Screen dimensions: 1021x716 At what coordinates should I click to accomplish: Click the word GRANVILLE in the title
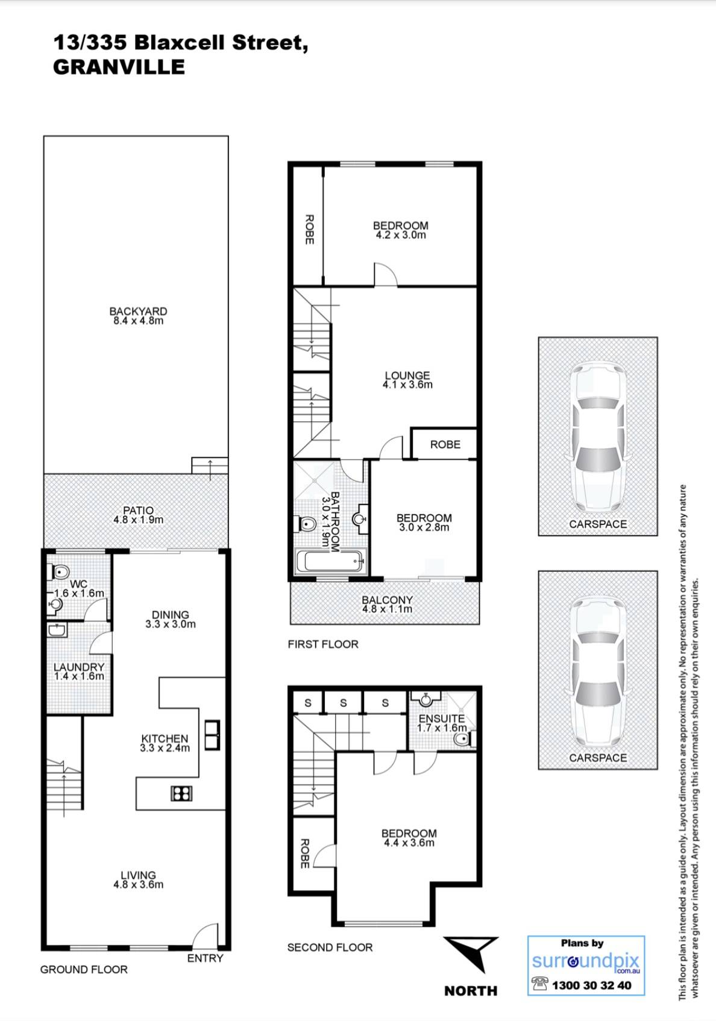point(119,67)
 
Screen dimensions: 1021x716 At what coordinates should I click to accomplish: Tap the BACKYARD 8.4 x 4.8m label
point(138,316)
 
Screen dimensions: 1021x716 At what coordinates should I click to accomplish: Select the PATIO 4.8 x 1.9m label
point(138,515)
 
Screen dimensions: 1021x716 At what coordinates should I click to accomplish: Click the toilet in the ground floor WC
point(60,571)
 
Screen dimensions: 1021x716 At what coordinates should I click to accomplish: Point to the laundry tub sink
point(57,630)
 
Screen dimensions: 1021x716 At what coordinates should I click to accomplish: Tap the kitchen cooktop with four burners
point(181,793)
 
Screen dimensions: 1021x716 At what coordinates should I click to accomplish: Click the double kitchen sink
point(212,735)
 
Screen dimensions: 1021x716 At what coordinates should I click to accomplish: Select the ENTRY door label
point(205,958)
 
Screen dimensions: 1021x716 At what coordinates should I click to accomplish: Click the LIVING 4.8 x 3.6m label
point(138,879)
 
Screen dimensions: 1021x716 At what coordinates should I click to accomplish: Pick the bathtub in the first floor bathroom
point(330,562)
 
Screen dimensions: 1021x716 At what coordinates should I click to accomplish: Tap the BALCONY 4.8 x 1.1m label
point(387,604)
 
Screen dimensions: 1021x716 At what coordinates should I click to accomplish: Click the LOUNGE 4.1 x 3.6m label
point(407,380)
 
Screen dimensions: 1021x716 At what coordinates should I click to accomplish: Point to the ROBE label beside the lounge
point(445,444)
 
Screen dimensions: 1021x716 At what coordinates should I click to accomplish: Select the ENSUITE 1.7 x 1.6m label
point(442,723)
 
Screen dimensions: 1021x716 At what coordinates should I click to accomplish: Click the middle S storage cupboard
point(343,702)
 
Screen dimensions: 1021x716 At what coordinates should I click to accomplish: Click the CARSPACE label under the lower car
point(598,758)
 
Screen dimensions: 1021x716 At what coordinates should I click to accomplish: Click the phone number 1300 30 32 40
point(591,985)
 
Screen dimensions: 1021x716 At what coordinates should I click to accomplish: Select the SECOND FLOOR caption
point(330,947)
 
